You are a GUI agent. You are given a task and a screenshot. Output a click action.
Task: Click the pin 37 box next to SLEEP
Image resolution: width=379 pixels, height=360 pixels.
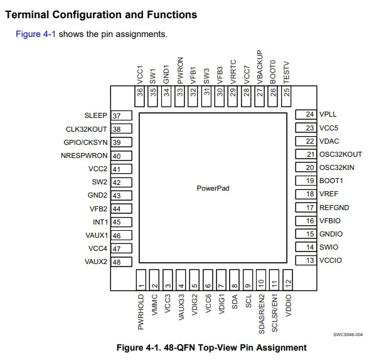point(121,116)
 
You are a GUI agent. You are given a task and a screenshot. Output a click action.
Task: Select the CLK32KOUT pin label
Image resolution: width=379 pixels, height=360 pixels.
point(87,129)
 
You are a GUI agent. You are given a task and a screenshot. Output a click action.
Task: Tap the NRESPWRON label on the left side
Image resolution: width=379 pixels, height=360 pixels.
point(85,156)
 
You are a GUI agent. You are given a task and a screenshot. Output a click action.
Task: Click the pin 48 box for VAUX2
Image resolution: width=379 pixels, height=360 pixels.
point(121,262)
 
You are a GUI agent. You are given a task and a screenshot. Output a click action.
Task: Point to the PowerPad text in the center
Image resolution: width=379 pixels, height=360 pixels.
point(213,188)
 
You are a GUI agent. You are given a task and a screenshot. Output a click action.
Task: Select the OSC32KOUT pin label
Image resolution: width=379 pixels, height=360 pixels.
point(341,154)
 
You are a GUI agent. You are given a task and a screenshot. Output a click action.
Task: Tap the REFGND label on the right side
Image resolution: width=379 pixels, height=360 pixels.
point(334,208)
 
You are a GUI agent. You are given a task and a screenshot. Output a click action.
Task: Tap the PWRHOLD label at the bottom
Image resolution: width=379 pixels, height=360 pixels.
point(141,312)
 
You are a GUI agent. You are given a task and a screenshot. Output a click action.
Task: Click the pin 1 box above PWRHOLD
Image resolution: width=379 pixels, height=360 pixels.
point(141,280)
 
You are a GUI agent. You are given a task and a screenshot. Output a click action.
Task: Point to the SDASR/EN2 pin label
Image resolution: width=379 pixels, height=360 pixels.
point(261,314)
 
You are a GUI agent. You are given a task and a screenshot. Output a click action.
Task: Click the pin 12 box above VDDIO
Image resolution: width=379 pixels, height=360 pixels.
point(288,280)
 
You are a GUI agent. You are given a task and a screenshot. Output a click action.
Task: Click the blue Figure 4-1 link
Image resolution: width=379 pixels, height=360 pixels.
point(36,34)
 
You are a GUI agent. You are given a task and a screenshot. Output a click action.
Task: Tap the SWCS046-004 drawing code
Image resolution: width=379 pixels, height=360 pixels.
point(348,334)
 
